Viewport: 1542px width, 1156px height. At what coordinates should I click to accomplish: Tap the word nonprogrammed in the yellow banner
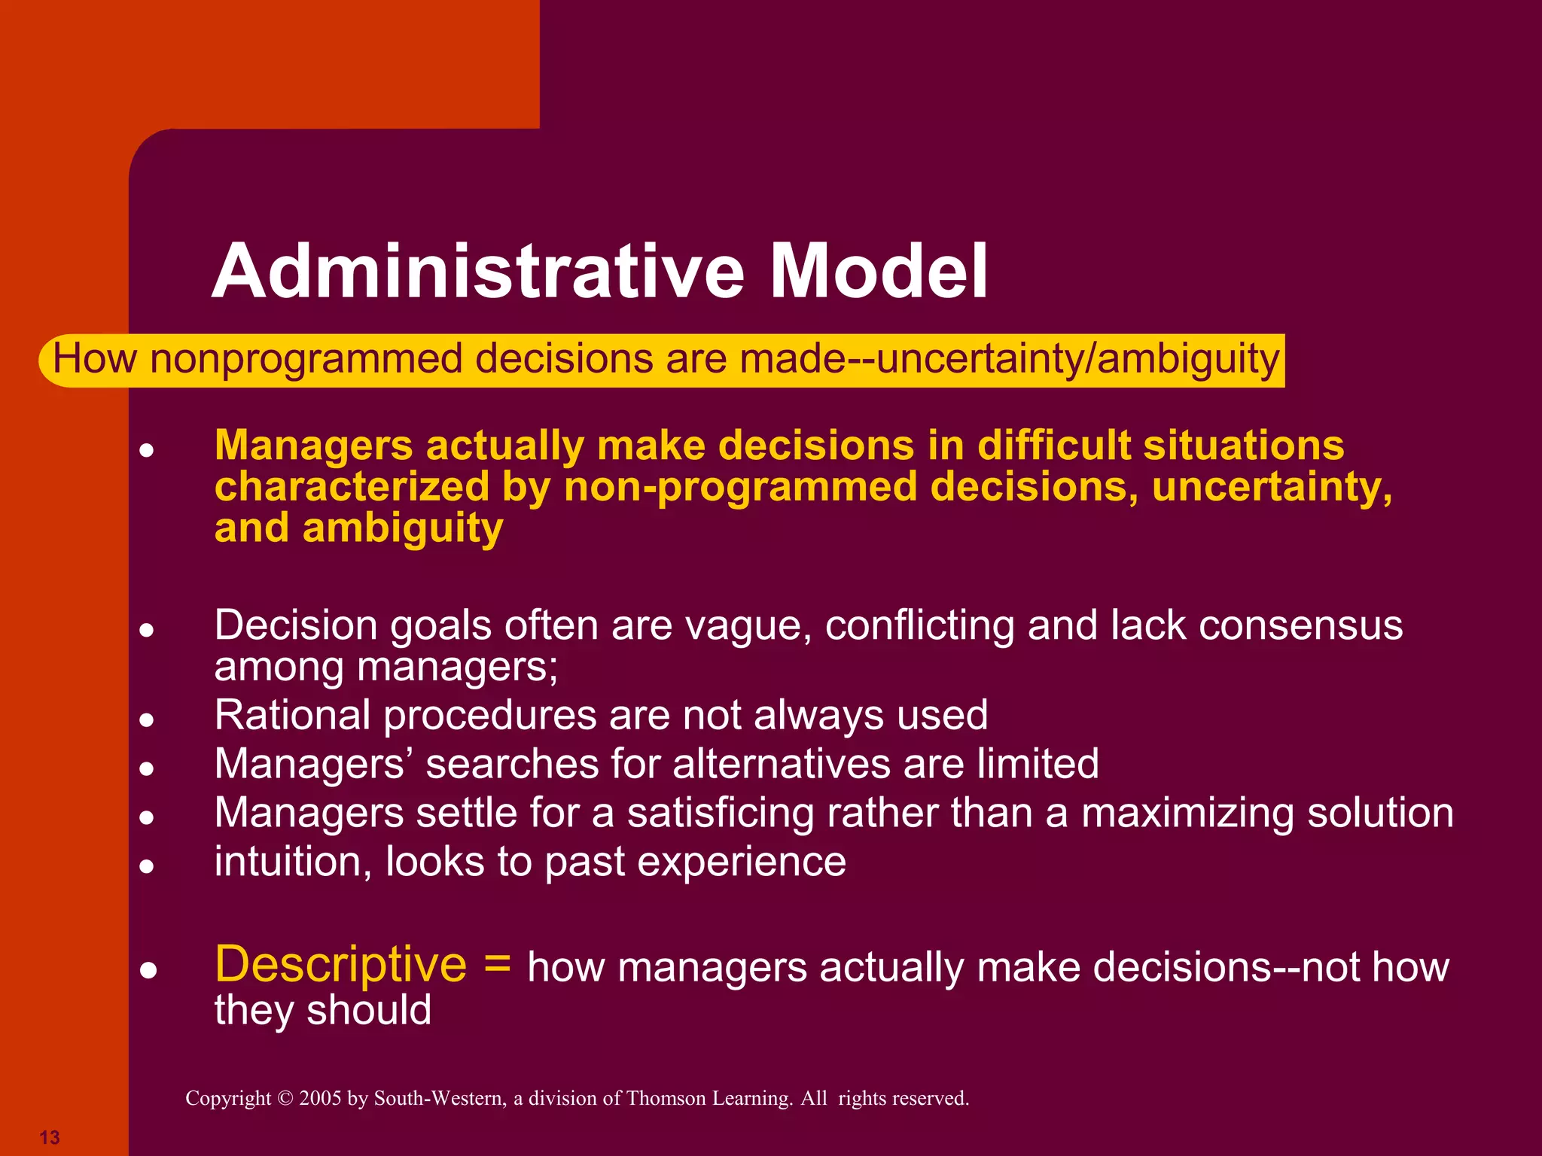(306, 359)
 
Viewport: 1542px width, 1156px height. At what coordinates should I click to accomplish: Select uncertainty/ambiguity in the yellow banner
(1077, 359)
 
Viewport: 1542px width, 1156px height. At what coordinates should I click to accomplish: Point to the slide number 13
(50, 1137)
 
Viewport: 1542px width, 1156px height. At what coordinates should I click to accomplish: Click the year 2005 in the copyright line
(320, 1099)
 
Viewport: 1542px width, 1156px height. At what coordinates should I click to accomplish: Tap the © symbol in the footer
(285, 1099)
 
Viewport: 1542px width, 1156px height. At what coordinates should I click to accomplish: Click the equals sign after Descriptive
(498, 964)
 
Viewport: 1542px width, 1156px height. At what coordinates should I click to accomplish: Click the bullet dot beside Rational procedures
(148, 720)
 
